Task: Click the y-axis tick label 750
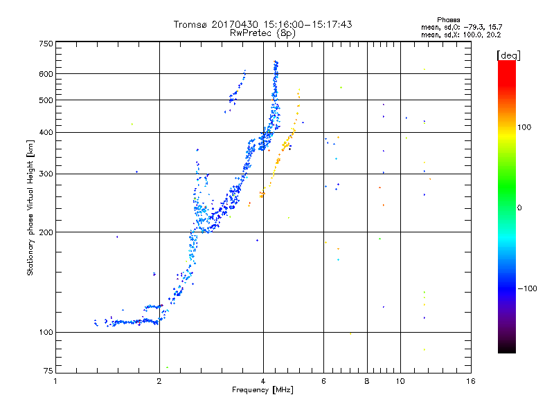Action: [x=46, y=44]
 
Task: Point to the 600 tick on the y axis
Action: [x=46, y=74]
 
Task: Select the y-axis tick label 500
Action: [x=46, y=100]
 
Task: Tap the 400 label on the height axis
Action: [x=46, y=133]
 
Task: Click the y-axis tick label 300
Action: [x=46, y=174]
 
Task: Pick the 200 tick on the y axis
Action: [x=46, y=232]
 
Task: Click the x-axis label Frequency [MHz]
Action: [x=263, y=391]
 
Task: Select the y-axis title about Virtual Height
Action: [x=30, y=207]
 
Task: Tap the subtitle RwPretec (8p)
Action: [x=263, y=33]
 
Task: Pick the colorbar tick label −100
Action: [x=529, y=288]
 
